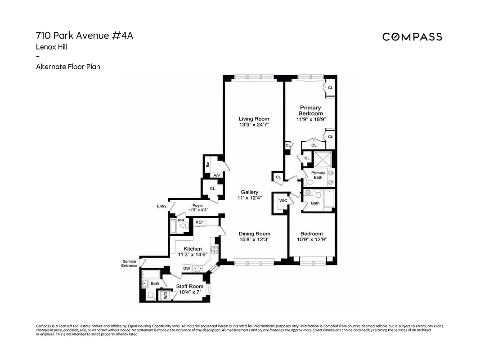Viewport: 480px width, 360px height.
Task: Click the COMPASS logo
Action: (412, 37)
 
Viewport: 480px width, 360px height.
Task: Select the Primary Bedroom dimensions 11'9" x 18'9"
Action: (310, 119)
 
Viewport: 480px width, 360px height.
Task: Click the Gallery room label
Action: (249, 192)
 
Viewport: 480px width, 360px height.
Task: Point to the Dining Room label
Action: (254, 234)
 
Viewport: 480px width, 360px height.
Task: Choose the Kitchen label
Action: (193, 249)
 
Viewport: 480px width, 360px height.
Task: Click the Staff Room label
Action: (189, 286)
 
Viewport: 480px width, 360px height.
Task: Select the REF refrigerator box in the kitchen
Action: (200, 222)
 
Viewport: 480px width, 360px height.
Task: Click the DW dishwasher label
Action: (186, 269)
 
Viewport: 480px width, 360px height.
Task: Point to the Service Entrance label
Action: (129, 263)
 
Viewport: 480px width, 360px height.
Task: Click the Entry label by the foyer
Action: (161, 206)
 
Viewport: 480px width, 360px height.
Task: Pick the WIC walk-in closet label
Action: (283, 201)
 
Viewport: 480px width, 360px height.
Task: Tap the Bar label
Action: (208, 164)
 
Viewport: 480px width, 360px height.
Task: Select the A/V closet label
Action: (216, 175)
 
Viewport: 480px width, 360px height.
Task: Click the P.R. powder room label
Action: (182, 220)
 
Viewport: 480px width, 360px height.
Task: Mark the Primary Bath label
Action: (318, 175)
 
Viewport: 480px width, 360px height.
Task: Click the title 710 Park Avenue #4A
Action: (84, 36)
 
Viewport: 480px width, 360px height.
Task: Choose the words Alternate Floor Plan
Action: (68, 67)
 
